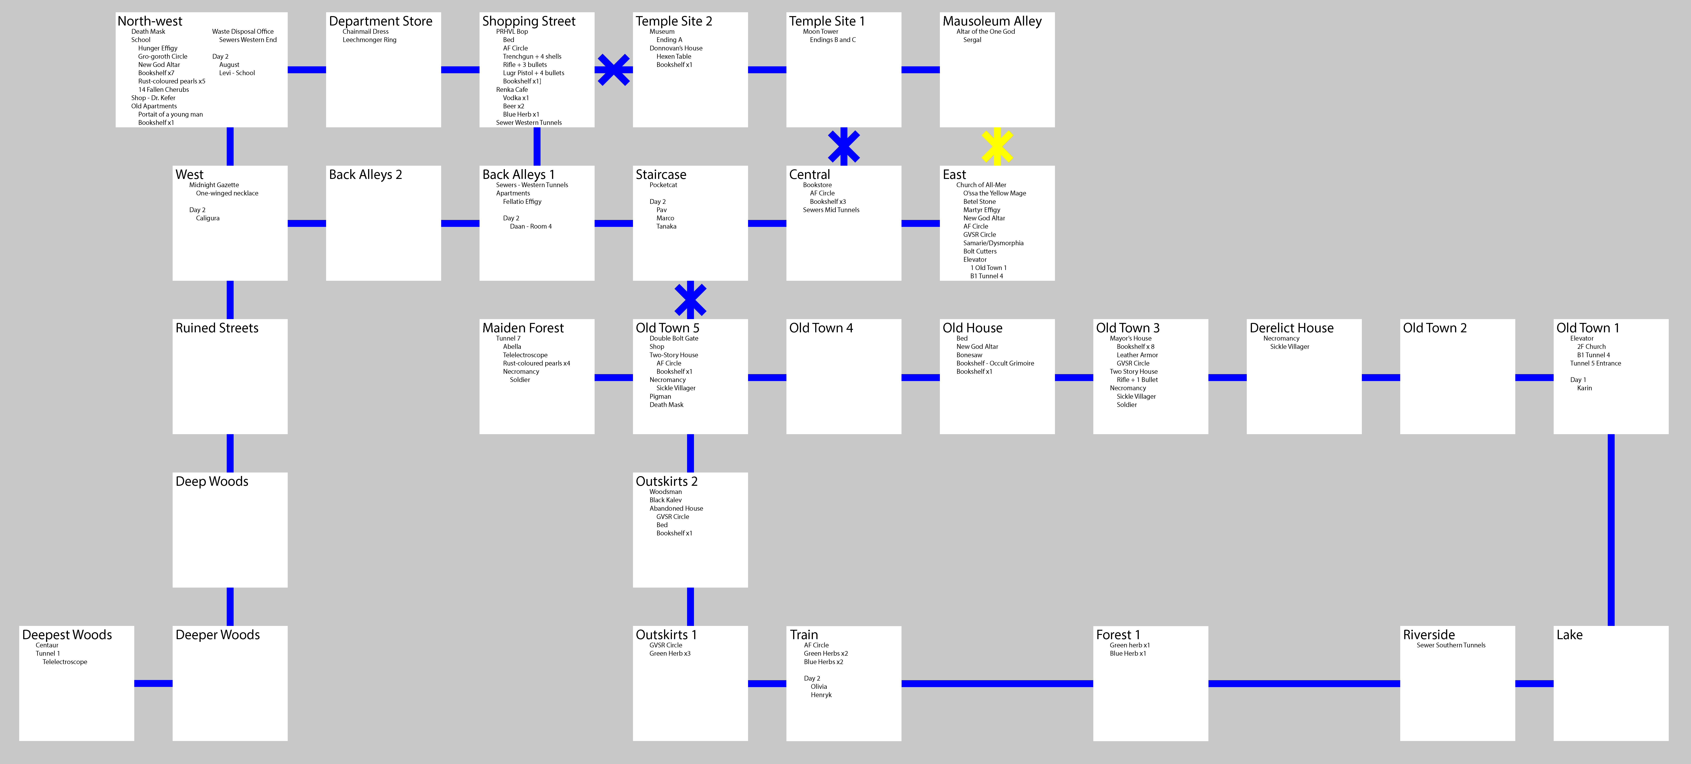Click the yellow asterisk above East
coord(997,146)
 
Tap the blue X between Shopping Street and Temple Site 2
coord(613,70)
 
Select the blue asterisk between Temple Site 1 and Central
coord(844,146)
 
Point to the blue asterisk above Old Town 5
coord(690,300)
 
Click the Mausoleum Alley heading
coord(992,21)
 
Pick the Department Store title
coord(381,21)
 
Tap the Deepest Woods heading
coord(67,635)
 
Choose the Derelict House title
coord(1291,328)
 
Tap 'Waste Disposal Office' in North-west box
coord(243,31)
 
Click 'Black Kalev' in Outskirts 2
coord(666,500)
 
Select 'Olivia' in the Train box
coord(819,687)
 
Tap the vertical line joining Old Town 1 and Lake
coord(1611,530)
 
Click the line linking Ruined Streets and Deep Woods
coord(230,453)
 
